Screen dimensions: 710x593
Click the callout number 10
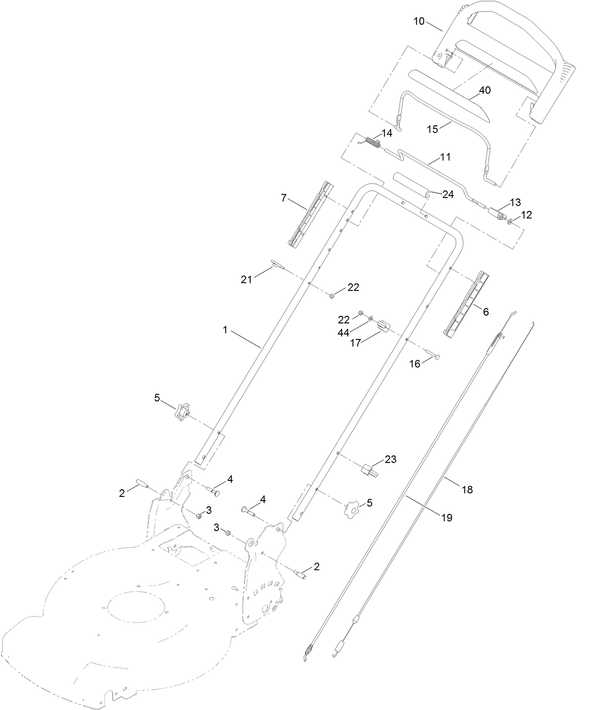tap(419, 21)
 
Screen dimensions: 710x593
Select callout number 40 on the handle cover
tap(485, 90)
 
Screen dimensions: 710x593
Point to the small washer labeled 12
tap(511, 221)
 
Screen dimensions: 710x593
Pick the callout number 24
tap(448, 194)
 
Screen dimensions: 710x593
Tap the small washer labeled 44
tap(371, 319)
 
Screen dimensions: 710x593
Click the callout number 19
tap(446, 518)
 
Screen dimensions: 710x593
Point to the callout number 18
tap(467, 489)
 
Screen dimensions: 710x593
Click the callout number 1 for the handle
tap(225, 330)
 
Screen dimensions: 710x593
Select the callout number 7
tap(284, 198)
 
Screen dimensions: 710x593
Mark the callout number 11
tap(445, 157)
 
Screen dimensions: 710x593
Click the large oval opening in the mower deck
tap(137, 611)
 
